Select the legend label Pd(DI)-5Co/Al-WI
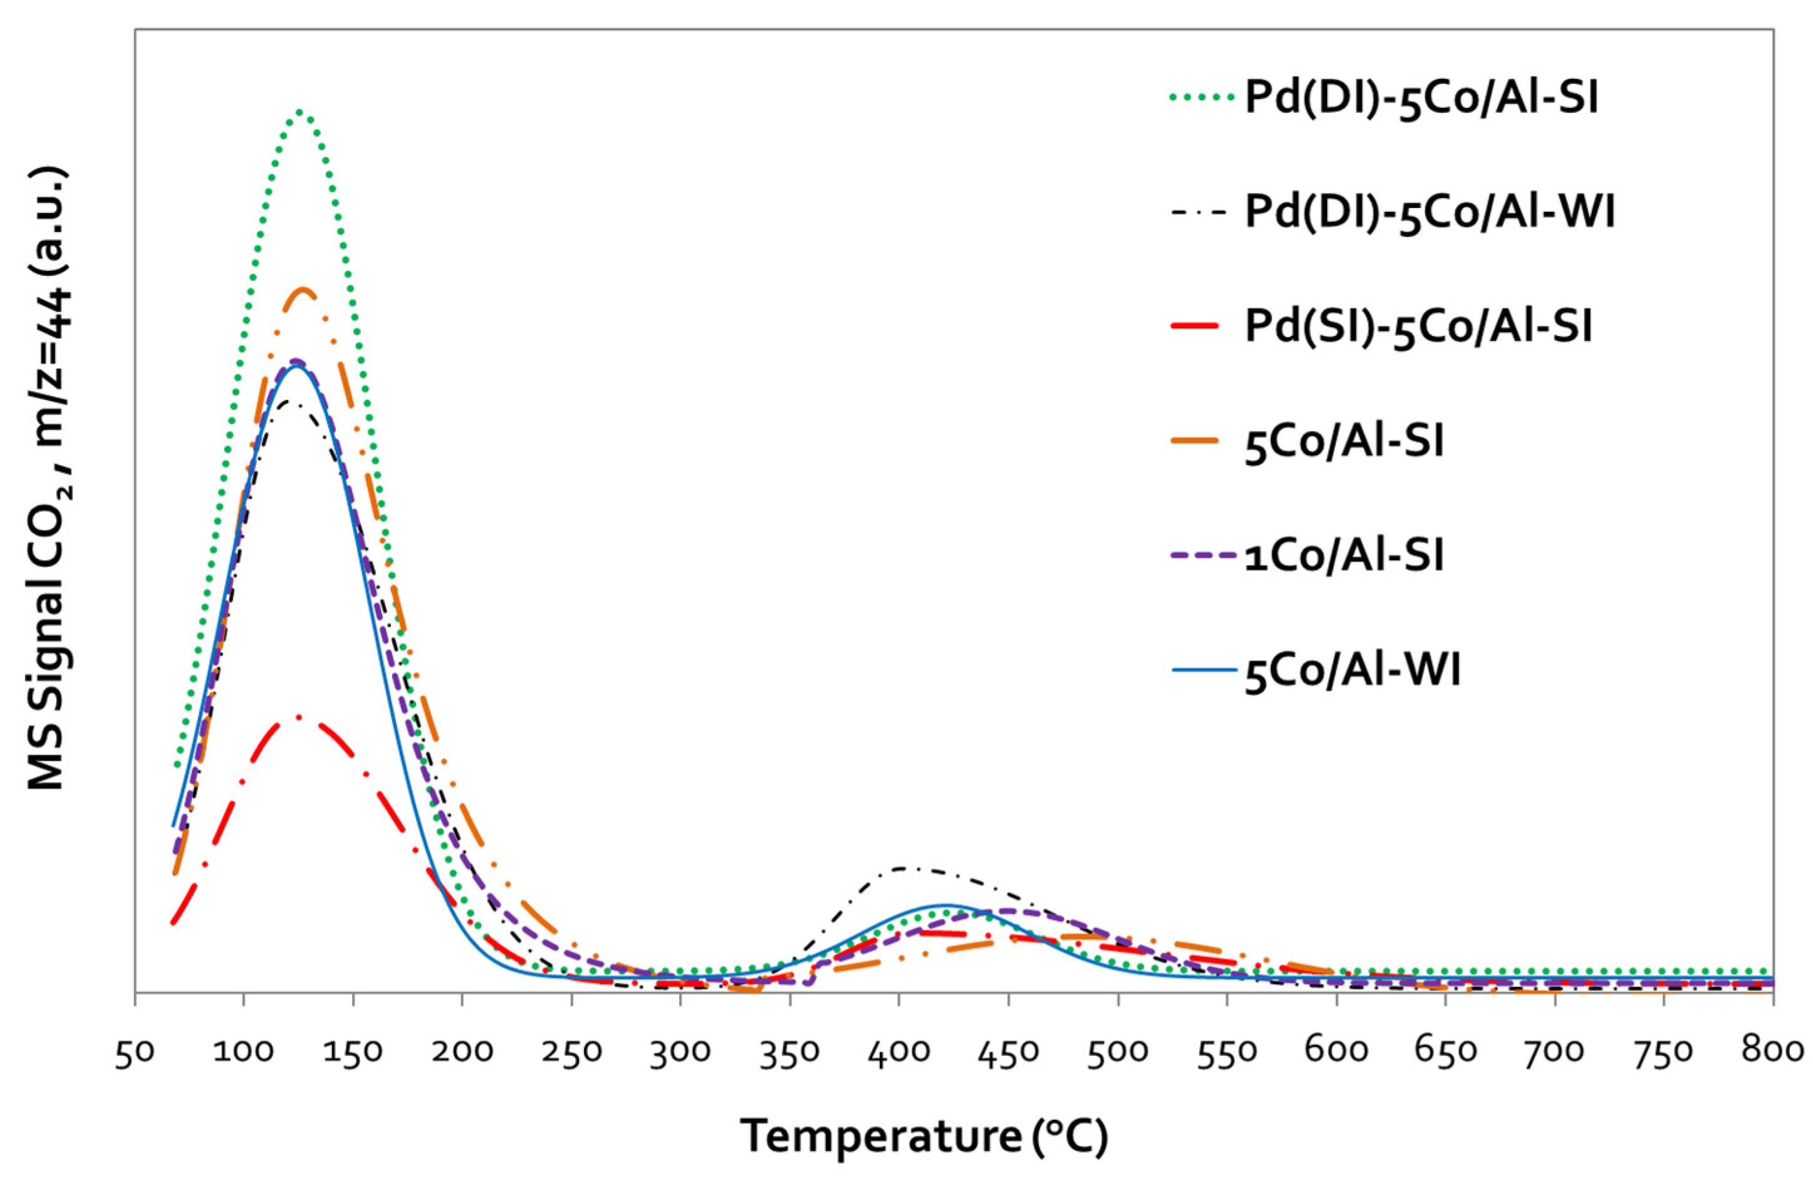(1430, 212)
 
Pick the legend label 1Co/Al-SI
(1344, 557)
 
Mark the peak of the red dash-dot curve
(299, 716)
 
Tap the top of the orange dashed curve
(304, 289)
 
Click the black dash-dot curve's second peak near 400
(905, 867)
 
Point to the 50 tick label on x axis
(135, 1052)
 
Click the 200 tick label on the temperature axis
(462, 1052)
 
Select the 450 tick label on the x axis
(1009, 1052)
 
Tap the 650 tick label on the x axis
(1445, 1052)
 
